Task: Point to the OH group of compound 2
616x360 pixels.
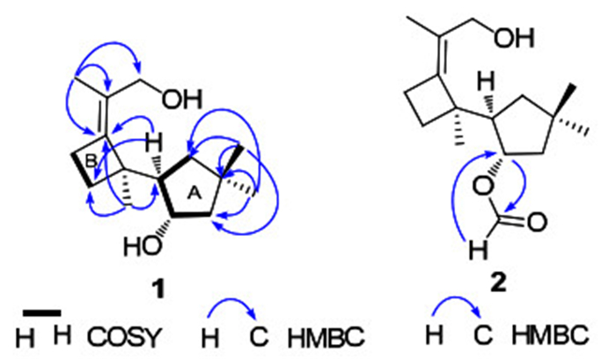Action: click(x=535, y=36)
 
